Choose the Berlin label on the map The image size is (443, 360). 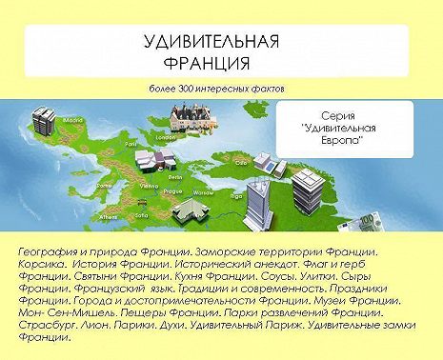tap(175, 176)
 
